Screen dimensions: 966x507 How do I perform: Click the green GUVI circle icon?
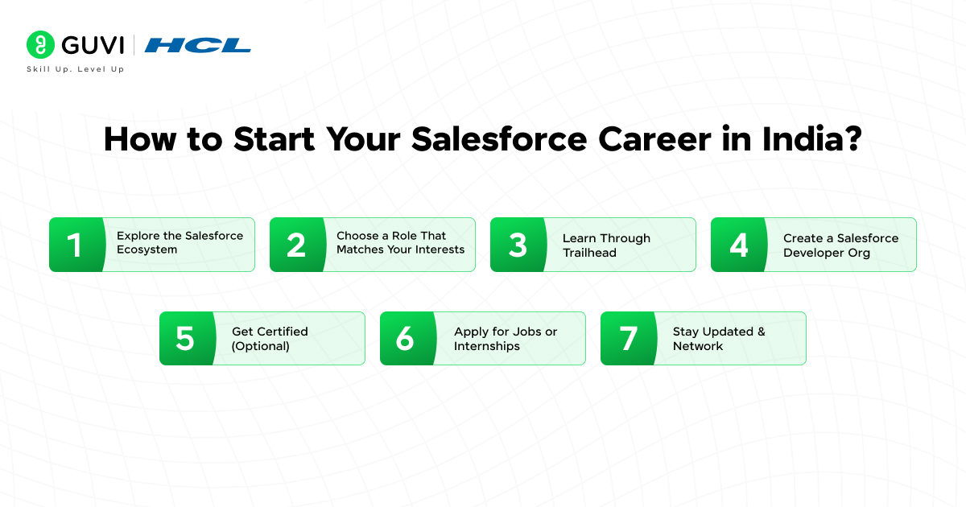(x=40, y=44)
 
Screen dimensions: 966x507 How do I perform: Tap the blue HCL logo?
(x=197, y=45)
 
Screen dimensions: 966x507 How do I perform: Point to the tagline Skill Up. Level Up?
(x=76, y=69)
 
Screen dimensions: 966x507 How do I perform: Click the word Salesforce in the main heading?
(x=499, y=139)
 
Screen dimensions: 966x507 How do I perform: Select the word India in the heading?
(x=802, y=139)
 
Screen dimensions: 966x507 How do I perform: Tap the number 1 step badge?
(x=77, y=245)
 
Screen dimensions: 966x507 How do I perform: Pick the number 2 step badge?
(x=298, y=245)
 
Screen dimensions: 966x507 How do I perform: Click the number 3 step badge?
(x=518, y=245)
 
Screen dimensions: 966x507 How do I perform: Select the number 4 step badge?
(x=739, y=245)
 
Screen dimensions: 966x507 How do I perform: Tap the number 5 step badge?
(x=188, y=339)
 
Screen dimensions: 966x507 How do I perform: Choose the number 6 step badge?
(x=408, y=339)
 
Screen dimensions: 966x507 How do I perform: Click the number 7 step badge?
(x=629, y=339)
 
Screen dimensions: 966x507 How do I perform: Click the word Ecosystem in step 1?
(x=147, y=249)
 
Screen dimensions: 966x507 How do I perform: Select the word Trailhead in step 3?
(x=589, y=253)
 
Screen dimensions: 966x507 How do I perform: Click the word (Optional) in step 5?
(x=260, y=346)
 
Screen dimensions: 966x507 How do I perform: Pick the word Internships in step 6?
(x=486, y=346)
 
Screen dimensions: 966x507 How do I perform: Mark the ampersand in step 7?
(x=762, y=332)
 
